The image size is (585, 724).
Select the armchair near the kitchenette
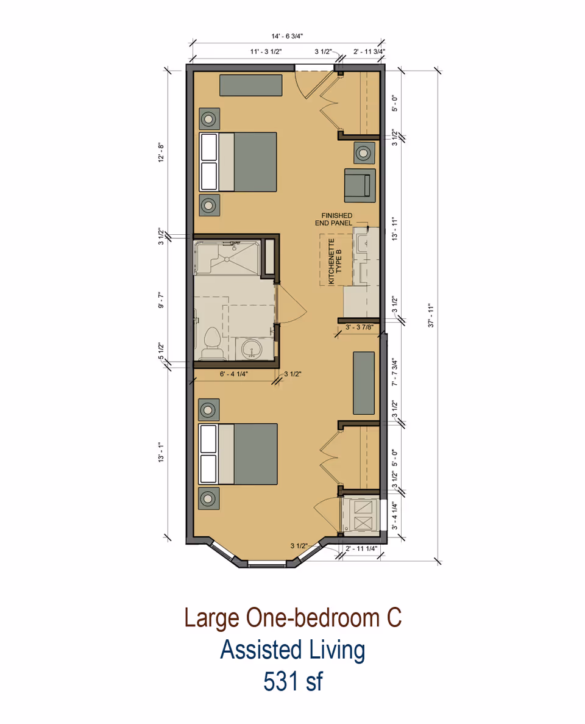tap(359, 184)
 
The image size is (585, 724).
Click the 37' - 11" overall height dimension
tap(431, 315)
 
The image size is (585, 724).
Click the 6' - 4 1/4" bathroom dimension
tap(234, 374)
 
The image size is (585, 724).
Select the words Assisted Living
tap(292, 650)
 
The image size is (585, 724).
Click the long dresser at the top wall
tap(251, 85)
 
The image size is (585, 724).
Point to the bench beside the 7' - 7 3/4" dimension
tap(364, 382)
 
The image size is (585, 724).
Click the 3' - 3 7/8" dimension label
tap(360, 328)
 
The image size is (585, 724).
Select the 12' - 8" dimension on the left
tap(161, 152)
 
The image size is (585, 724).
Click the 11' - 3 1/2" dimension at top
tap(266, 51)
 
